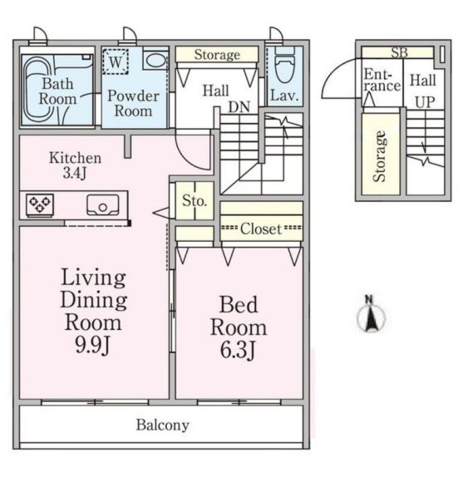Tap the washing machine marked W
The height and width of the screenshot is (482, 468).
click(x=116, y=61)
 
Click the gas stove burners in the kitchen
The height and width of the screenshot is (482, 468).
click(x=40, y=204)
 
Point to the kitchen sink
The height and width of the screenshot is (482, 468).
click(x=103, y=204)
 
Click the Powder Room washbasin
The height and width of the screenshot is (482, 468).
click(x=155, y=59)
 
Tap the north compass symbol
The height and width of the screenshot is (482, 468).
click(x=371, y=314)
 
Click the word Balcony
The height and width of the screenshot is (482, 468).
click(x=163, y=425)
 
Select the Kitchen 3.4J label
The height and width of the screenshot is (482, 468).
click(x=75, y=165)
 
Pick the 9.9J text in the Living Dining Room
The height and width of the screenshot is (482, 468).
click(x=92, y=345)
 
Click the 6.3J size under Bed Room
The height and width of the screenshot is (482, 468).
click(x=238, y=350)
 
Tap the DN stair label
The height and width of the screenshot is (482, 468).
click(x=239, y=107)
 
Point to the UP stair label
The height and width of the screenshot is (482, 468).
click(x=426, y=102)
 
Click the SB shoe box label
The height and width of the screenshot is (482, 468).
click(x=399, y=53)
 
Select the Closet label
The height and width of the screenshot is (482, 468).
click(x=261, y=229)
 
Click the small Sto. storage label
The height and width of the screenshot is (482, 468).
click(x=195, y=201)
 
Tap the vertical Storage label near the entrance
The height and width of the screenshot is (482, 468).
click(x=379, y=156)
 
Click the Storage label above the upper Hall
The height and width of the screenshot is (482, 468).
click(x=217, y=55)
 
